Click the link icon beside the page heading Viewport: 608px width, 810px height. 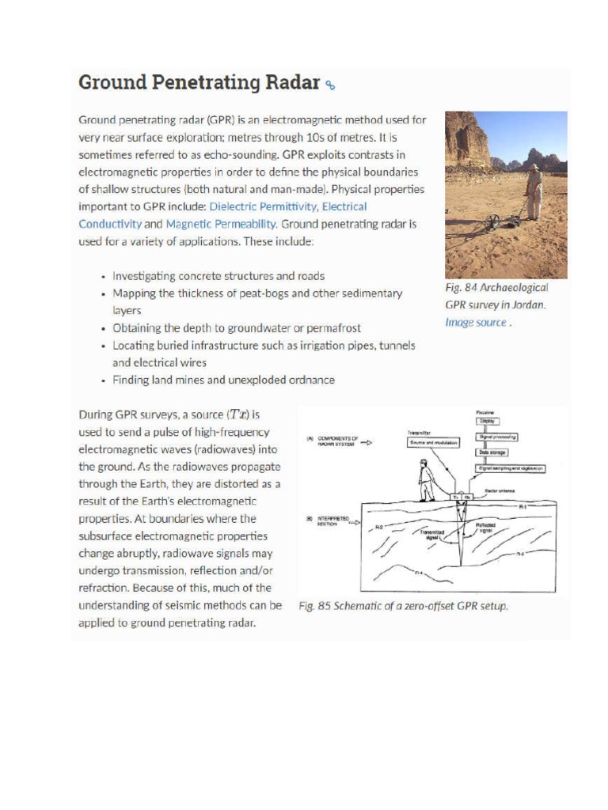[x=331, y=85]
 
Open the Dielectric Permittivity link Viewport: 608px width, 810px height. [x=263, y=206]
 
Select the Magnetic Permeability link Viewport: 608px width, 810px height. [x=221, y=224]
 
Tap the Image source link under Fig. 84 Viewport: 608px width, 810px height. [x=475, y=322]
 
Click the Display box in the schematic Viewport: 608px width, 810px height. [x=486, y=422]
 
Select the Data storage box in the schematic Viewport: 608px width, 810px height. [x=492, y=452]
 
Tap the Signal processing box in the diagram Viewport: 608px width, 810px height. [x=496, y=437]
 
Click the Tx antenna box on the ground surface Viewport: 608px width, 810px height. [x=456, y=497]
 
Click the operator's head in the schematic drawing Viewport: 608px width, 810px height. [x=425, y=463]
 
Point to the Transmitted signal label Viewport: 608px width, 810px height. [x=433, y=535]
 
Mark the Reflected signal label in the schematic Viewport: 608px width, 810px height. [x=485, y=526]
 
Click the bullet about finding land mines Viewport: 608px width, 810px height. [x=223, y=380]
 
